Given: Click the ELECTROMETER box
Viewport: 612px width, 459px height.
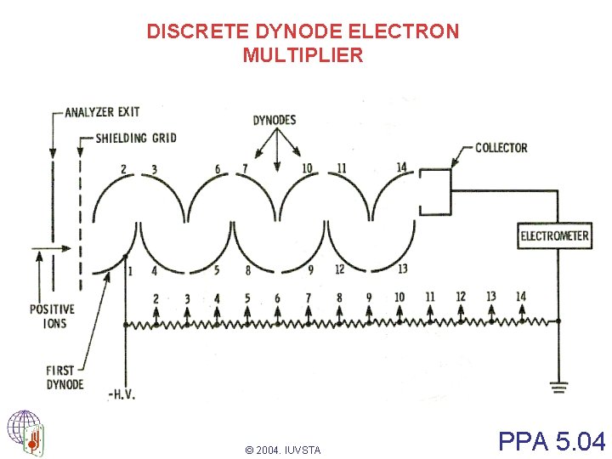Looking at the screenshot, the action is (555, 235).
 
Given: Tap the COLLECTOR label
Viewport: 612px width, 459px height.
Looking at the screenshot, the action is (501, 148).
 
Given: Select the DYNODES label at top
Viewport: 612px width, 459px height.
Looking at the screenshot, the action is (274, 120).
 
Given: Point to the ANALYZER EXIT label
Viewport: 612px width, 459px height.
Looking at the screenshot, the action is (102, 112).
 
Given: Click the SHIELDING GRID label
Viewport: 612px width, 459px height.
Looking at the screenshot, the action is (136, 138).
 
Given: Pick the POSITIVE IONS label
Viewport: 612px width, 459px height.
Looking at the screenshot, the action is (52, 316).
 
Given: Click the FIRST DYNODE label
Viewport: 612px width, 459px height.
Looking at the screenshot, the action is (65, 377).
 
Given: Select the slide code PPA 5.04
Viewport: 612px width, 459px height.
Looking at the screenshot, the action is (552, 441).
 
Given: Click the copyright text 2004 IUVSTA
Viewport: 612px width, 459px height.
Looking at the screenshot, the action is (282, 450).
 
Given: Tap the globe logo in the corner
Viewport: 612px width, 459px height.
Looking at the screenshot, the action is (25, 433).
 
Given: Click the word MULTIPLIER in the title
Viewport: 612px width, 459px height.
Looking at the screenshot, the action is (303, 56).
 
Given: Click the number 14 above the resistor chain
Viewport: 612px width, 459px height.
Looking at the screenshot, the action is (521, 297).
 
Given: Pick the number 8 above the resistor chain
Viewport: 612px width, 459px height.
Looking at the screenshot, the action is (339, 297).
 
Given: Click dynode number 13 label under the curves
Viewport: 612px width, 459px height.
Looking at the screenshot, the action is (401, 269).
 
